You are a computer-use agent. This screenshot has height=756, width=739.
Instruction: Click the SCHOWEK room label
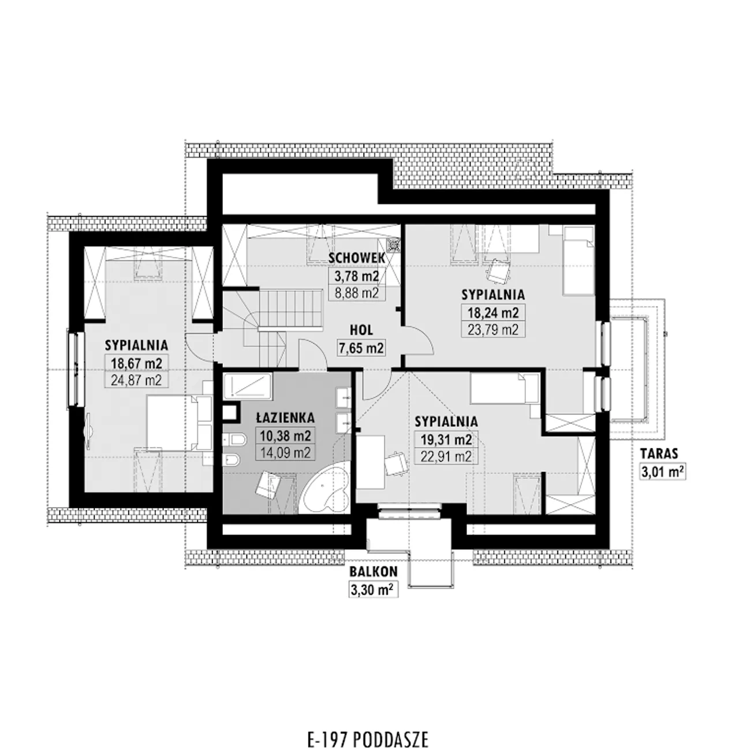(356, 258)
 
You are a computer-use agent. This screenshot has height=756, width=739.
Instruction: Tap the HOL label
(361, 330)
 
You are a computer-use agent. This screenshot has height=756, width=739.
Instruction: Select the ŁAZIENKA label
(285, 418)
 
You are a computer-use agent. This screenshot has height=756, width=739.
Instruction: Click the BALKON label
(374, 571)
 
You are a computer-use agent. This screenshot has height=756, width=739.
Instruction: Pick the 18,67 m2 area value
(136, 363)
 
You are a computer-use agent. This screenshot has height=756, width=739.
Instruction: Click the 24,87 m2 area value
(136, 380)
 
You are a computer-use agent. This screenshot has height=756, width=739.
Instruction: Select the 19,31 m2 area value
(446, 440)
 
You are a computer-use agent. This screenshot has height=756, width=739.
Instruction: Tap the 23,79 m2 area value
(493, 329)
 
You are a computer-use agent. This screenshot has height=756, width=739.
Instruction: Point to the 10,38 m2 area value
(285, 436)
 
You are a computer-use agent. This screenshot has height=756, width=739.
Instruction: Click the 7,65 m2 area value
(361, 348)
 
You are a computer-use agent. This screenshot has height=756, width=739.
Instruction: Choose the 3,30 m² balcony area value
(374, 590)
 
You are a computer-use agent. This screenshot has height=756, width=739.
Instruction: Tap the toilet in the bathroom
(235, 440)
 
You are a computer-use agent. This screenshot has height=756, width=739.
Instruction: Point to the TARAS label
(659, 453)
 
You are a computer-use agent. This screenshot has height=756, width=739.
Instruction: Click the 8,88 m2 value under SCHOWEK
(356, 293)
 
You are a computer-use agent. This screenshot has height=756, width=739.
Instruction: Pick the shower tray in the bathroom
(247, 386)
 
